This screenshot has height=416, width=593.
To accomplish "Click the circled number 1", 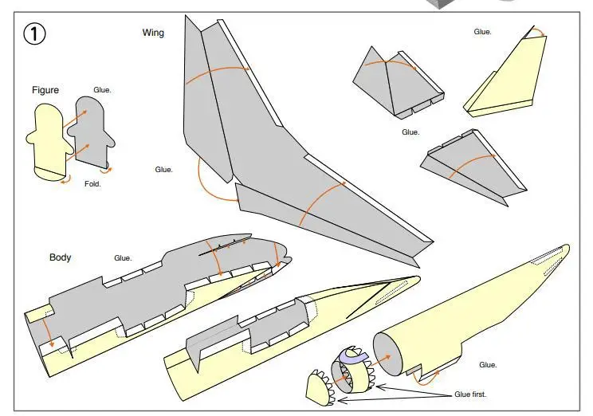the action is coord(34,33).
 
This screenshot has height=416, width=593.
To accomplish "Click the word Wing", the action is coord(153,33).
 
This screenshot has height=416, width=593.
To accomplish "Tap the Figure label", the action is coord(45,90).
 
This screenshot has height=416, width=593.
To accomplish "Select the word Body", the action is coord(60,257).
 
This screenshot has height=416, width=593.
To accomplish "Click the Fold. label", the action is coord(92,184).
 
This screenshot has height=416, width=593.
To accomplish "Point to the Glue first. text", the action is coord(470,394).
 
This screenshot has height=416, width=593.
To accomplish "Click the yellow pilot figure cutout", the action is coord(49,142).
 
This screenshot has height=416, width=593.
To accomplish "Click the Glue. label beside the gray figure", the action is coord(102,90).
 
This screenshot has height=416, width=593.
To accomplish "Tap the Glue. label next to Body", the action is coord(123,258).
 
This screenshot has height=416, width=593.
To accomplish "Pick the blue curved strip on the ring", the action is coord(355,356).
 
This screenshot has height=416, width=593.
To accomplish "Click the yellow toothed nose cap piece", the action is coord(320,389).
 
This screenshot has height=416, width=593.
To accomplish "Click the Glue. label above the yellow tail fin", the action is coord(482,32).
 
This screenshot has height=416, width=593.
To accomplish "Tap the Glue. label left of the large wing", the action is coord(163,170).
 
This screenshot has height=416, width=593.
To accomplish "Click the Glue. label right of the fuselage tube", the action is coord(488,364).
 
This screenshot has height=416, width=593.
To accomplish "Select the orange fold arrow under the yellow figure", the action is coord(66,181).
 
